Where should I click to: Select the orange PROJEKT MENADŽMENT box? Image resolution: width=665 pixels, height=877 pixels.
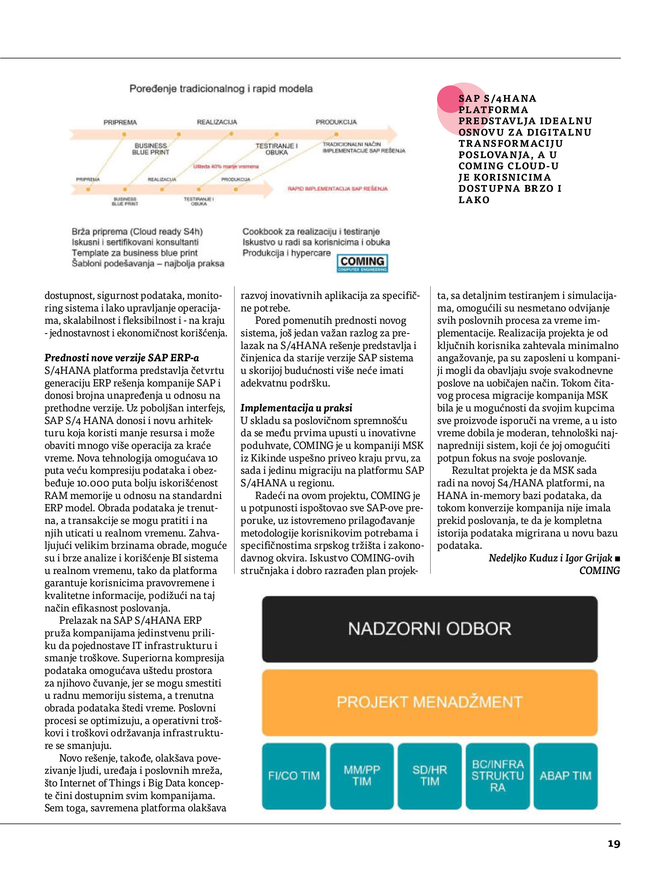coord(429,702)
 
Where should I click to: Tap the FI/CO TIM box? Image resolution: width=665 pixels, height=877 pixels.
coord(294,776)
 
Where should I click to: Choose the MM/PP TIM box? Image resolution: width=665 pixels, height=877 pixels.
coord(362,776)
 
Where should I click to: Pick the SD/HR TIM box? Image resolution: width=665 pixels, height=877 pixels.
coord(430,776)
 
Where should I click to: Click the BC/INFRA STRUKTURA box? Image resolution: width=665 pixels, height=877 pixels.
coord(497,776)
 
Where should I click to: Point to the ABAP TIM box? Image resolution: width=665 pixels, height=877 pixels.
coord(565,776)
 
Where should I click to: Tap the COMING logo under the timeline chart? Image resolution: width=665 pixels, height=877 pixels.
coord(362,263)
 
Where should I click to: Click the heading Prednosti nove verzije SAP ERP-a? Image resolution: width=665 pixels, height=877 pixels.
coord(121,358)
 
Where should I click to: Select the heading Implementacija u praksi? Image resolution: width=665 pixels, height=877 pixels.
coord(296,408)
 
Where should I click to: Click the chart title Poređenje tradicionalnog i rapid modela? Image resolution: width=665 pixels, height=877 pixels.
coord(221,89)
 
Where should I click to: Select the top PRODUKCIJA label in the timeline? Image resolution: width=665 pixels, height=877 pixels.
coord(336,122)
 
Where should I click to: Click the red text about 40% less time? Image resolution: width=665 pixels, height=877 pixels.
coord(226,167)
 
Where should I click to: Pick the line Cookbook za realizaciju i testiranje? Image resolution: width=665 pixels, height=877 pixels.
coord(311,232)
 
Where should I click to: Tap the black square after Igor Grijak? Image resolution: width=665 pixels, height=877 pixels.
coord(617,559)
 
